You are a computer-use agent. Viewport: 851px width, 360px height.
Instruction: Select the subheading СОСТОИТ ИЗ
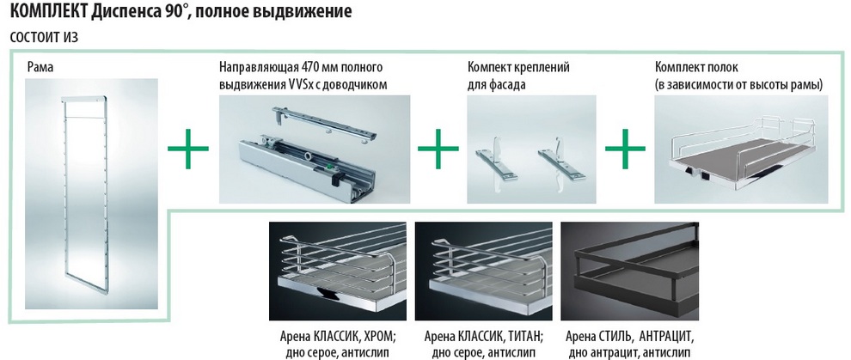pyautogui.click(x=44, y=37)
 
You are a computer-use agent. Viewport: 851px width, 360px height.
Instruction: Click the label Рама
pyautogui.click(x=40, y=68)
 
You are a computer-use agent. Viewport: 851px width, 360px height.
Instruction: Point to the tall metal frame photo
pyautogui.click(x=91, y=193)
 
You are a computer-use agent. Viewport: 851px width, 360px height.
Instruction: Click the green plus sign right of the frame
pyautogui.click(x=187, y=149)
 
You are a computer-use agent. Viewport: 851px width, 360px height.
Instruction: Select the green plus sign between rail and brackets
pyautogui.click(x=438, y=149)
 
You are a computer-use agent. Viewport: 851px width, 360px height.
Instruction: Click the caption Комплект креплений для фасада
pyautogui.click(x=518, y=76)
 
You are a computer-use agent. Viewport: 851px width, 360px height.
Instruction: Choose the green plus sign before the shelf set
pyautogui.click(x=625, y=149)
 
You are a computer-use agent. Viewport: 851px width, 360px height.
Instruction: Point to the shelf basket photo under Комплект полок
pyautogui.click(x=741, y=149)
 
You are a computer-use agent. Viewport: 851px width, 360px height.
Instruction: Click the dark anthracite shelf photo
pyautogui.click(x=629, y=272)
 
